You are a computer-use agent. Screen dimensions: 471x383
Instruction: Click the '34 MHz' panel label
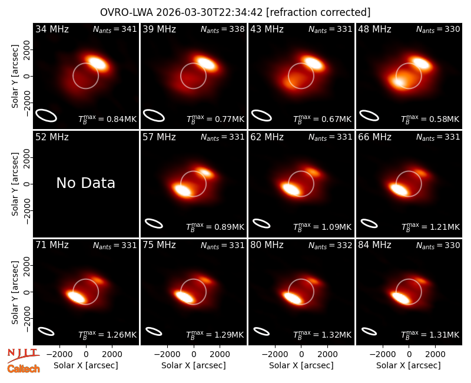pyautogui.click(x=52, y=29)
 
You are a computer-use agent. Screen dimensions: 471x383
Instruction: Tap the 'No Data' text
pyautogui.click(x=85, y=183)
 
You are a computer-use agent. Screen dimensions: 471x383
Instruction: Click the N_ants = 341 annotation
pyautogui.click(x=115, y=29)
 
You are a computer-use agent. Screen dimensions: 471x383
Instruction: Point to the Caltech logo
pyautogui.click(x=24, y=369)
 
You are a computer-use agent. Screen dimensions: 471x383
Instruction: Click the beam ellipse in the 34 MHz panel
pyautogui.click(x=47, y=115)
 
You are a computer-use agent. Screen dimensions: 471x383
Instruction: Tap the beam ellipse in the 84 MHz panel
pyautogui.click(x=369, y=331)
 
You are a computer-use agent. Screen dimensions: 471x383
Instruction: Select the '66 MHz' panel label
pyautogui.click(x=374, y=137)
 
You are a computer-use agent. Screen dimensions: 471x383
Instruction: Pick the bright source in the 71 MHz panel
pyautogui.click(x=76, y=297)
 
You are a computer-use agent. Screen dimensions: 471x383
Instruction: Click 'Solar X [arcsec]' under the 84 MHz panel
pyautogui.click(x=409, y=365)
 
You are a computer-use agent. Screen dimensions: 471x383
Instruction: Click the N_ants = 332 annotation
pyautogui.click(x=330, y=245)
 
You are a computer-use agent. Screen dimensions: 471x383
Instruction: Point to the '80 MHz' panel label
pyautogui.click(x=267, y=245)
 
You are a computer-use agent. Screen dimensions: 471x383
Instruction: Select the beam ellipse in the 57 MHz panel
pyautogui.click(x=154, y=223)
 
